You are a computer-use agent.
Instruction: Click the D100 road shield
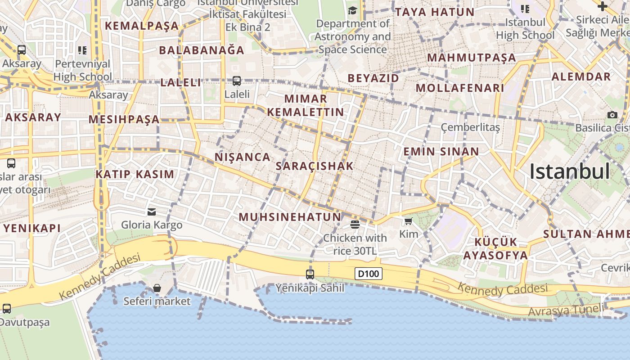coord(369,273)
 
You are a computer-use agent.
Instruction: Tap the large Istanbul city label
coord(570,171)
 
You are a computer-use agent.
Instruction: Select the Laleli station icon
coord(237,81)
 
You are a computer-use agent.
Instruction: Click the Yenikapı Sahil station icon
coord(310,274)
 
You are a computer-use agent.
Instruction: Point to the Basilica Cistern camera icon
coord(612,115)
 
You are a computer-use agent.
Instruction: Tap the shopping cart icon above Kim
coord(408,221)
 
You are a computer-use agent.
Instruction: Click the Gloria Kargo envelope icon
coord(152,211)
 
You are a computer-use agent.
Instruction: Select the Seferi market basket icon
coord(157,288)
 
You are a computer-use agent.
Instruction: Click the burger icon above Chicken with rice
coord(355,224)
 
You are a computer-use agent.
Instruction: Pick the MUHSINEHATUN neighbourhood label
coord(290,217)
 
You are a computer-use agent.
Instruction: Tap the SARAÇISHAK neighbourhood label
coord(315,166)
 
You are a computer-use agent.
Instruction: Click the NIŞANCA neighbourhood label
coord(243,157)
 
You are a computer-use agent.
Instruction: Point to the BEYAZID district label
coord(373,78)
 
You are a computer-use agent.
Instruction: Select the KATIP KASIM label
coord(135,174)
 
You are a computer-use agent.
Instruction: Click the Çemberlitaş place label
coord(470,127)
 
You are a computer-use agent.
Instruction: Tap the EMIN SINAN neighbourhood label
coord(441,152)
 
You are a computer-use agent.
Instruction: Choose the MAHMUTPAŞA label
coord(472,58)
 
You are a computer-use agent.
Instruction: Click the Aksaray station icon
coord(21,50)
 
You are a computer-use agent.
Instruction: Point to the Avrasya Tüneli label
coord(566,310)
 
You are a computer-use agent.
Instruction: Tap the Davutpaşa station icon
coord(7,309)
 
